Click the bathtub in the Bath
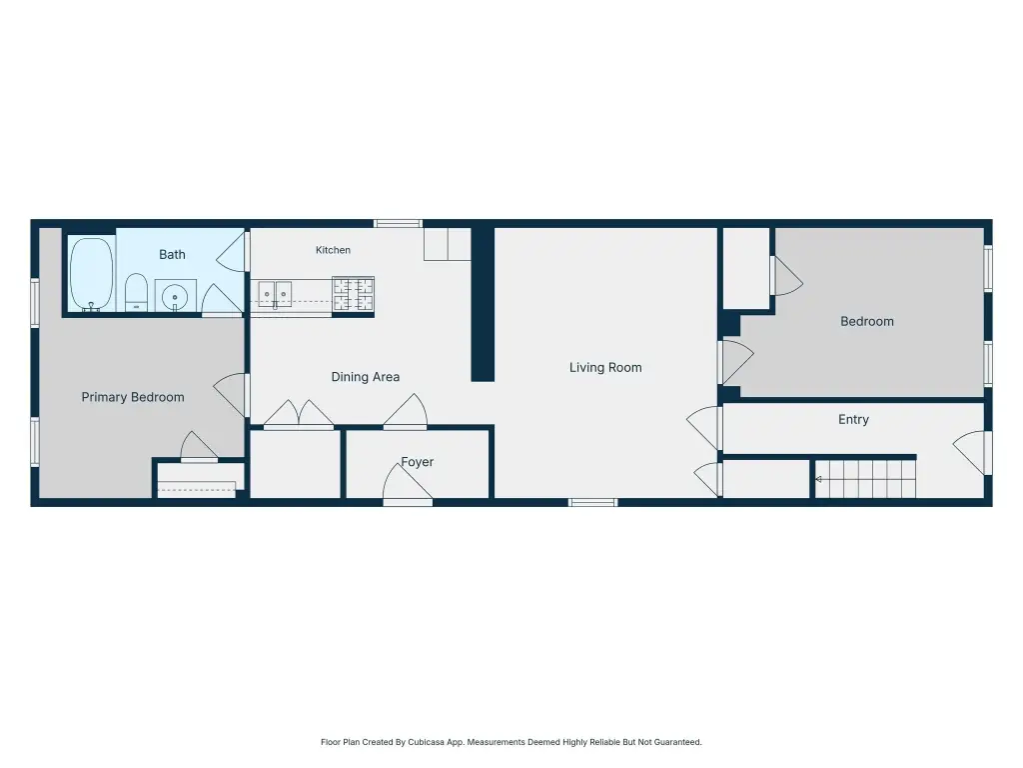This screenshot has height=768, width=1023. [91, 274]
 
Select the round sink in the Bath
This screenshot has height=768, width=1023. [175, 297]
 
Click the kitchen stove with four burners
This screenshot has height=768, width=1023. [353, 294]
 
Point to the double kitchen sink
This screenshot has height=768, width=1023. [275, 295]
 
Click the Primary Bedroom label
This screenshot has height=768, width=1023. [133, 397]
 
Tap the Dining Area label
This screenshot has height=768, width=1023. [366, 377]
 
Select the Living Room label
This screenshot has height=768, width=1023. [605, 368]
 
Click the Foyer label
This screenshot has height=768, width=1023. [418, 462]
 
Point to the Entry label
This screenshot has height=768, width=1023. [853, 419]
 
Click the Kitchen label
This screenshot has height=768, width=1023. [333, 250]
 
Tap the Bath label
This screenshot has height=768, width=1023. [172, 255]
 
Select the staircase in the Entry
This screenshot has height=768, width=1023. [865, 479]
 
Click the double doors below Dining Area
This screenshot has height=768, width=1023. [298, 415]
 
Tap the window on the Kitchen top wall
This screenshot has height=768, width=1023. [398, 223]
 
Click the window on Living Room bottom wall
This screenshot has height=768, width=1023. [592, 502]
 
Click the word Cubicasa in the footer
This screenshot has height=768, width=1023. [426, 742]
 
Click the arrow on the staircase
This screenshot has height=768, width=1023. [818, 479]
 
